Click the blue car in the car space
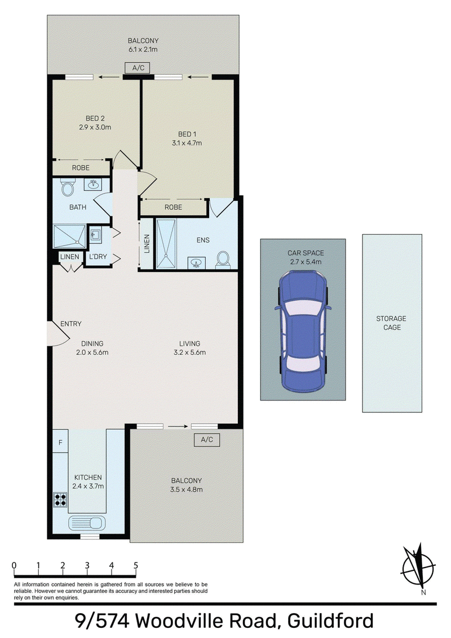click(303, 332)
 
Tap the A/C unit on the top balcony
click(138, 68)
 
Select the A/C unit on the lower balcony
click(206, 439)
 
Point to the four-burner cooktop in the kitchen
click(60, 500)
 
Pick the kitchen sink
click(87, 522)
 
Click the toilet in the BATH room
click(67, 187)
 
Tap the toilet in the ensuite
click(222, 259)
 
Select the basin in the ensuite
click(196, 263)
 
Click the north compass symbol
click(418, 566)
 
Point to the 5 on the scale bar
click(136, 565)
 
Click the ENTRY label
click(71, 324)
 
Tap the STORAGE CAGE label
click(392, 323)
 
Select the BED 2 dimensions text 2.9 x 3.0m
click(95, 127)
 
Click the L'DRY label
click(98, 257)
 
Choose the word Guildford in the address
click(330, 621)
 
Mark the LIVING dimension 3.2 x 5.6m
click(189, 353)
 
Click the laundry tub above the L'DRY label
click(96, 235)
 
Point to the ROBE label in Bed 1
click(173, 207)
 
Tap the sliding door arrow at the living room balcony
click(178, 426)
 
